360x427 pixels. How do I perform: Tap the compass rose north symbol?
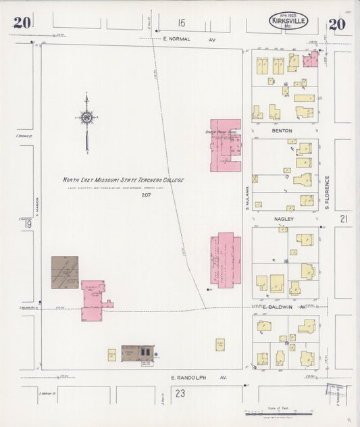(87, 118)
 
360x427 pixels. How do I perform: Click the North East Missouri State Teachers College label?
(124, 180)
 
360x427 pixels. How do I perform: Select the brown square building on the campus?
(65, 272)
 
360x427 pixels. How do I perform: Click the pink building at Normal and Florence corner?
(310, 60)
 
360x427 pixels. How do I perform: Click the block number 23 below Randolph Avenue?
(180, 393)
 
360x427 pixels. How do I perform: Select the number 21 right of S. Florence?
(344, 219)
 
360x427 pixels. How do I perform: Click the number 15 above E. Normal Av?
(181, 24)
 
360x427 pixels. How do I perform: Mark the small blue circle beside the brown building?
(156, 353)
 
